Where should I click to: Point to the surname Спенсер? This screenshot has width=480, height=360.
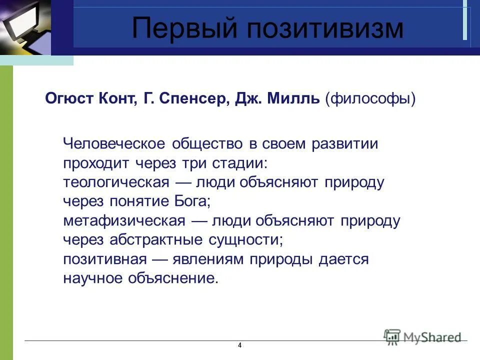[x=193, y=98]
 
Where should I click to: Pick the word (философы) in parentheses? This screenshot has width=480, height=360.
[x=370, y=98]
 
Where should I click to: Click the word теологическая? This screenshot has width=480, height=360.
[x=117, y=182]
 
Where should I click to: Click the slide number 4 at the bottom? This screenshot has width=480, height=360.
[x=240, y=345]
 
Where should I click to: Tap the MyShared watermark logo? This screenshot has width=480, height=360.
[x=422, y=336]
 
